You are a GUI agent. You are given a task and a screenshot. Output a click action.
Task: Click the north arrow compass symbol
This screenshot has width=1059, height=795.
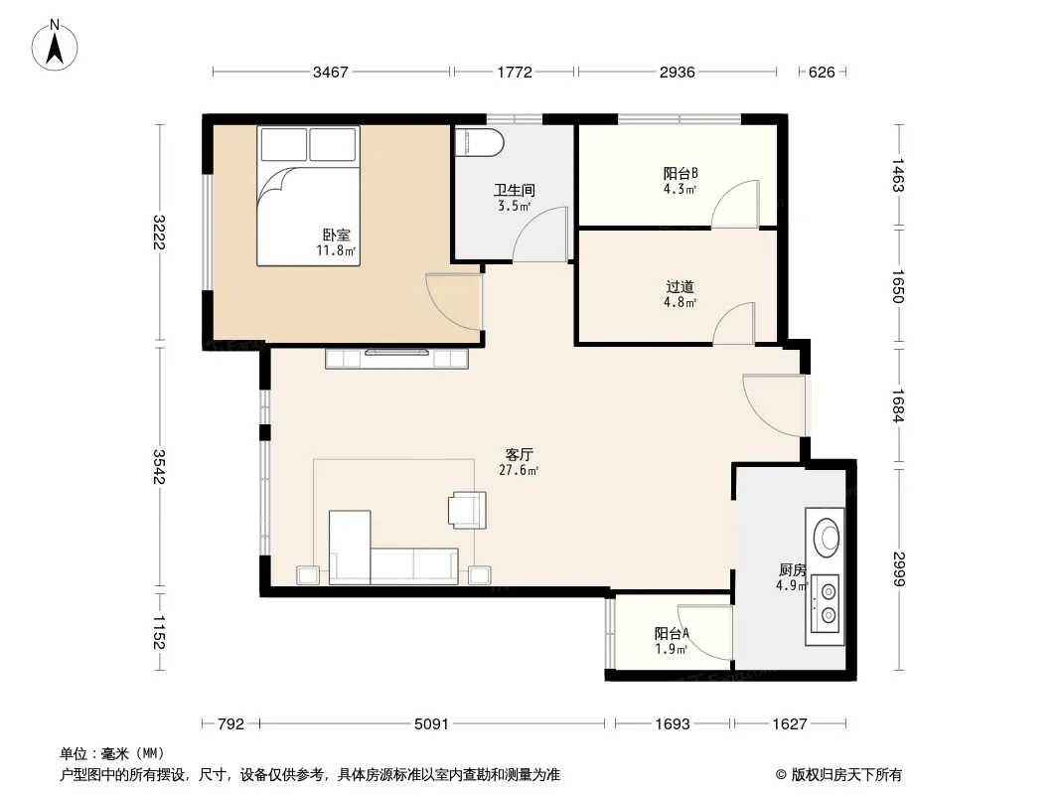tap(55, 46)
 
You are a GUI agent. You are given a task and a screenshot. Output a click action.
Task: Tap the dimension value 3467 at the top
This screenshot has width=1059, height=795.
tap(330, 73)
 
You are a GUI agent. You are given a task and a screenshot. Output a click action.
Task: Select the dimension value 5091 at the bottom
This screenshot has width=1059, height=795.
tap(431, 724)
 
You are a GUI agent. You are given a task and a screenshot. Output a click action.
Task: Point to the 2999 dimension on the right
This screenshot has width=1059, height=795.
tap(898, 569)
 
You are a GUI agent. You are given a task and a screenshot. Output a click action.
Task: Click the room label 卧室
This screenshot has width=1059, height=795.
tap(337, 236)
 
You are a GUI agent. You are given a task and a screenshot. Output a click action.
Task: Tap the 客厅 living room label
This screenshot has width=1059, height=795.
tap(520, 454)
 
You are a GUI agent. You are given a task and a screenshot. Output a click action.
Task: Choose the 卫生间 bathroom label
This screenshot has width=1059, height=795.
tap(514, 191)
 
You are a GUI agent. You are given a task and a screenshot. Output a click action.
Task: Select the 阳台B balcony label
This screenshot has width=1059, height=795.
tap(681, 174)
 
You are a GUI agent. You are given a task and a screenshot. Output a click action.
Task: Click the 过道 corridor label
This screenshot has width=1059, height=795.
tap(681, 287)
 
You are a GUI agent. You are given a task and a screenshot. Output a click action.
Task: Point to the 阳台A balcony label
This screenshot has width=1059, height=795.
tap(672, 634)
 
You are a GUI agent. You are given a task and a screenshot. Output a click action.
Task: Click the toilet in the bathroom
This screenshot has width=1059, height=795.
tap(479, 142)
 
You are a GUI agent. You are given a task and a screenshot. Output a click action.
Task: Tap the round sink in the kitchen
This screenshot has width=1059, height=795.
tap(826, 537)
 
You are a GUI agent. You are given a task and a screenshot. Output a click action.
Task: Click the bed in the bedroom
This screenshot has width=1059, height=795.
tap(308, 196)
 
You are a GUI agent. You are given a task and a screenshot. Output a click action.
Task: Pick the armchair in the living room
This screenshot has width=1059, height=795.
tap(467, 510)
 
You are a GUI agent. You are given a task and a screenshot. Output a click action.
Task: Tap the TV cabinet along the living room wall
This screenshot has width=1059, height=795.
tap(397, 358)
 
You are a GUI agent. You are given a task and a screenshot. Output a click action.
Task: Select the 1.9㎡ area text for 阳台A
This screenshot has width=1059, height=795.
tap(672, 650)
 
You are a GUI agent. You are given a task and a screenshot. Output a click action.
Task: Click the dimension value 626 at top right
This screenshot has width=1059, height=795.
tap(822, 73)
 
